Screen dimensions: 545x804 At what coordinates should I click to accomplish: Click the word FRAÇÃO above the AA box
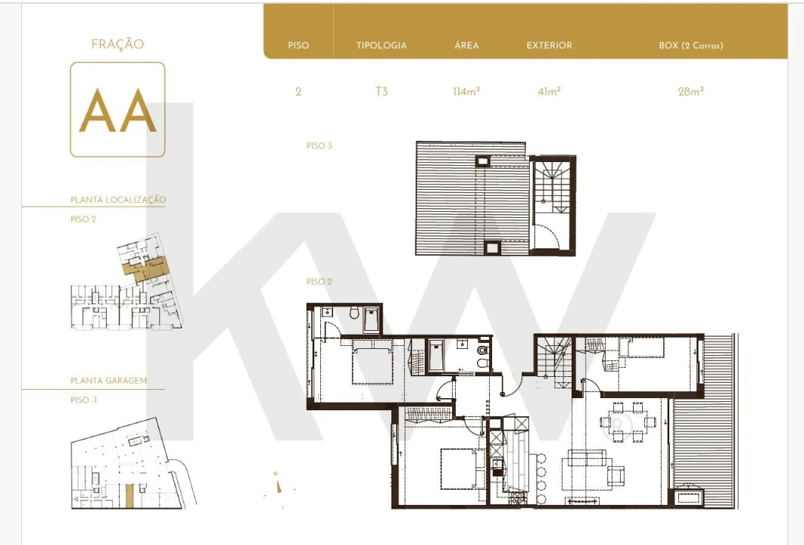117,45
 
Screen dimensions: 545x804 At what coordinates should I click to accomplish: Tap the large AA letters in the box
117,111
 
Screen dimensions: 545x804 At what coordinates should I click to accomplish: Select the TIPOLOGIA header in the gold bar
382,45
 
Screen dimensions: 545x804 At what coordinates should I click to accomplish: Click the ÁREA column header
466,45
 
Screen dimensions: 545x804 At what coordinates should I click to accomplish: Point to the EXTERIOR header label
549,45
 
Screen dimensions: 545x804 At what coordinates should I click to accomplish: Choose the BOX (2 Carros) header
690,45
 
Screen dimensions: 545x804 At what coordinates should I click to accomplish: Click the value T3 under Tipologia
382,92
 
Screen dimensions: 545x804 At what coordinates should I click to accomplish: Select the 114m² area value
466,92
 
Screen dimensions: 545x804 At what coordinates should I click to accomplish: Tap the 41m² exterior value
549,92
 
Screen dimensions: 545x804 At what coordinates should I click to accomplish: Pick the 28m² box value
690,92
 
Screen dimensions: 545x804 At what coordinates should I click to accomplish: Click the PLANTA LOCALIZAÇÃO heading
118,200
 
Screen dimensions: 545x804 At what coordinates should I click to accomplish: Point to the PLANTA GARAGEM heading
108,381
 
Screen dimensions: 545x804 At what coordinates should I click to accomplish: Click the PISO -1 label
83,400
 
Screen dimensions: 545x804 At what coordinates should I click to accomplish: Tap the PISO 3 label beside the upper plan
319,146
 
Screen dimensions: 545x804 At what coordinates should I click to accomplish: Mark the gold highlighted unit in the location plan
145,267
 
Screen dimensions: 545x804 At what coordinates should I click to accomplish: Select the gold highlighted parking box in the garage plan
129,496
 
